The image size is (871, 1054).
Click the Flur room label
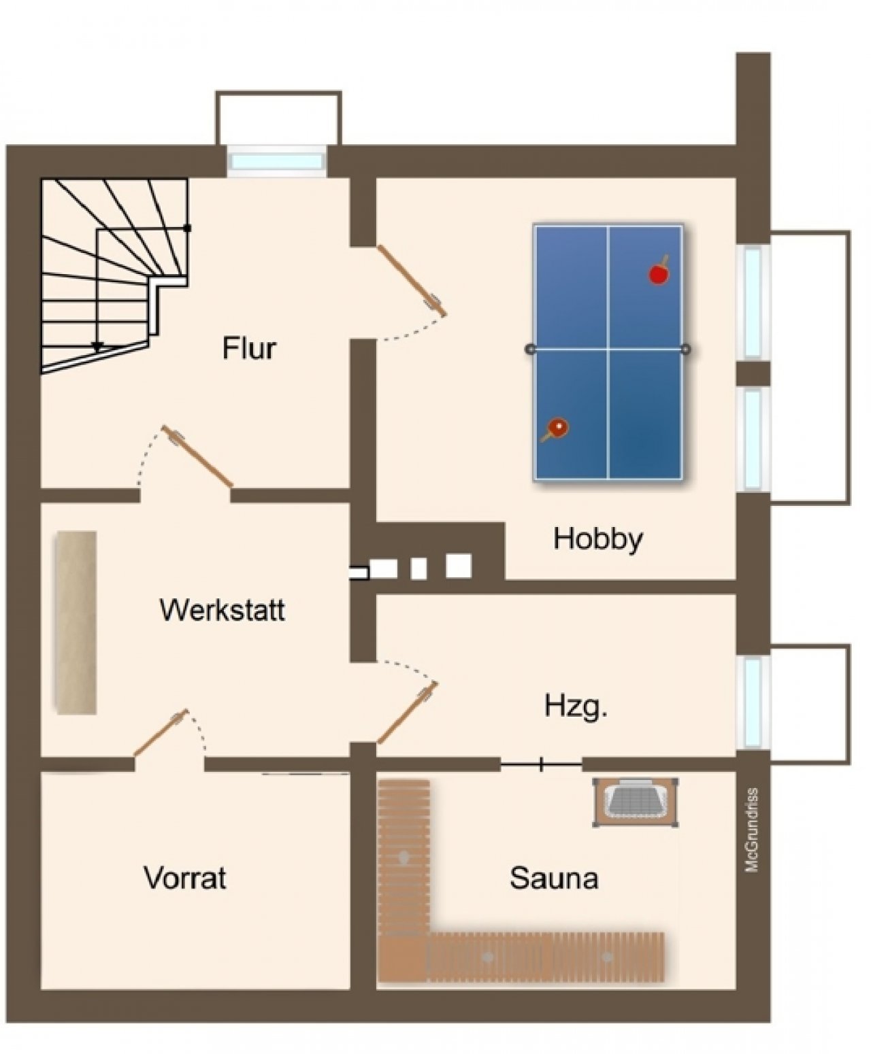pyautogui.click(x=249, y=348)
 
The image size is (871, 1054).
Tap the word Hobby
pyautogui.click(x=598, y=540)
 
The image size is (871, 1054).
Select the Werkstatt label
pyautogui.click(x=223, y=610)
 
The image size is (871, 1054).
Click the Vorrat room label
pyautogui.click(x=185, y=879)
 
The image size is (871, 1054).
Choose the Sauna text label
pyautogui.click(x=554, y=879)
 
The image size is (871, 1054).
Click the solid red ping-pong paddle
pyautogui.click(x=659, y=272)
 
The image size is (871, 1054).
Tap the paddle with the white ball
pyautogui.click(x=555, y=430)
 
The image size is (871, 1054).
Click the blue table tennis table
pyautogui.click(x=608, y=352)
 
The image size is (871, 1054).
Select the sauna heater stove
pyautogui.click(x=636, y=802)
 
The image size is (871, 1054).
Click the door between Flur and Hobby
pyautogui.click(x=411, y=281)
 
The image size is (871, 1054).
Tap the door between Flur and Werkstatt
pyautogui.click(x=197, y=456)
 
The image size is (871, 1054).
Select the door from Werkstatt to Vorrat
pyautogui.click(x=161, y=733)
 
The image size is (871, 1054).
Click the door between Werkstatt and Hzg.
pyautogui.click(x=408, y=712)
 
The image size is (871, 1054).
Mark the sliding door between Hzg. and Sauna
pyautogui.click(x=541, y=764)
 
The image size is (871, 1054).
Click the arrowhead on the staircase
pyautogui.click(x=97, y=346)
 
